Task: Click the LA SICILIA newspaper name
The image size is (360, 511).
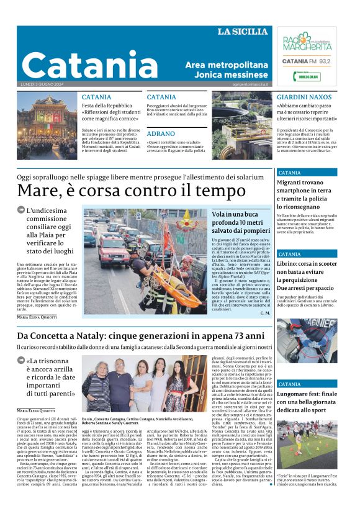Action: [x=243, y=32]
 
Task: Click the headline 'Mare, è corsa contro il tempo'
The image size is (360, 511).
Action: [x=132, y=189]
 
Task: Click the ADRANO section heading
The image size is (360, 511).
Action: [x=161, y=133]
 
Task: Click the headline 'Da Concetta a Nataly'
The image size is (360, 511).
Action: [x=144, y=335]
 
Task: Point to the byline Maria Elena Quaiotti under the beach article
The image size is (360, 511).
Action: [x=37, y=317]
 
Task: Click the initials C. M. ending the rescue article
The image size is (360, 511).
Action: [x=265, y=313]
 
